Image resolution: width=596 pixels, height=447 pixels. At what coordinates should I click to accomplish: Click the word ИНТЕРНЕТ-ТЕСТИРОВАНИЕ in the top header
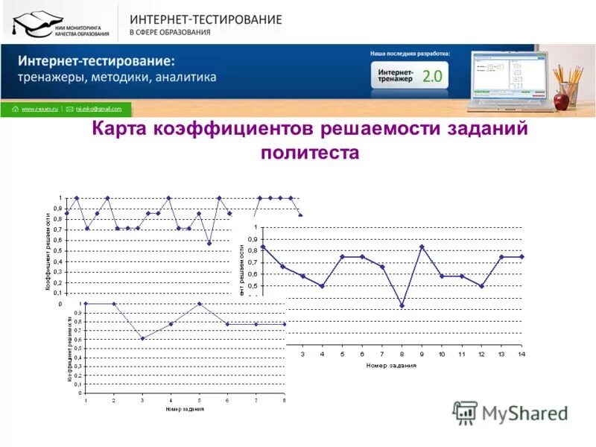pos(206,19)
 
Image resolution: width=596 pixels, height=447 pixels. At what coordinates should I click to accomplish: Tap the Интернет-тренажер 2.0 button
pos(410,75)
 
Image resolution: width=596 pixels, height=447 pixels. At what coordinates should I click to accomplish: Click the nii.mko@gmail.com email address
pos(98,109)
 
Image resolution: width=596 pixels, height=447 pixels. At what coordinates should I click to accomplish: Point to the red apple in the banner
pos(561,101)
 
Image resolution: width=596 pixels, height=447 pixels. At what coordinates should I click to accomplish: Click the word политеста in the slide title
pos(310,153)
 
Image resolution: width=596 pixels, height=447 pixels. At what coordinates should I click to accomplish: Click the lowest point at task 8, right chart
pos(402,305)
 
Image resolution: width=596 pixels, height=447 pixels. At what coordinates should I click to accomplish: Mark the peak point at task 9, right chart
pos(422,247)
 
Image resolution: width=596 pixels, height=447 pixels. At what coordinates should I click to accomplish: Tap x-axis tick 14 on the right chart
pos(521,354)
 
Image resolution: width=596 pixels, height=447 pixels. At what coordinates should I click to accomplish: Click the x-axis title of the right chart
pos(391,365)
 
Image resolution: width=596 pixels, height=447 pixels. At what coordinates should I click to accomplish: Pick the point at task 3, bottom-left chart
pos(142,338)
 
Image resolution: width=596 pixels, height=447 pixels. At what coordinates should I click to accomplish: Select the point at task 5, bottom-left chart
pos(199,304)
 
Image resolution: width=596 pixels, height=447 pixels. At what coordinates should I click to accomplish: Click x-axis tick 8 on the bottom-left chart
pos(284,401)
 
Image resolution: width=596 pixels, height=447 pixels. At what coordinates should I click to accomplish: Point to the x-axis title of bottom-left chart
pos(184,409)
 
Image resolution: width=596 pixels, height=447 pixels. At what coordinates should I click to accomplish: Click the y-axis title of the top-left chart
pos(48,252)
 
